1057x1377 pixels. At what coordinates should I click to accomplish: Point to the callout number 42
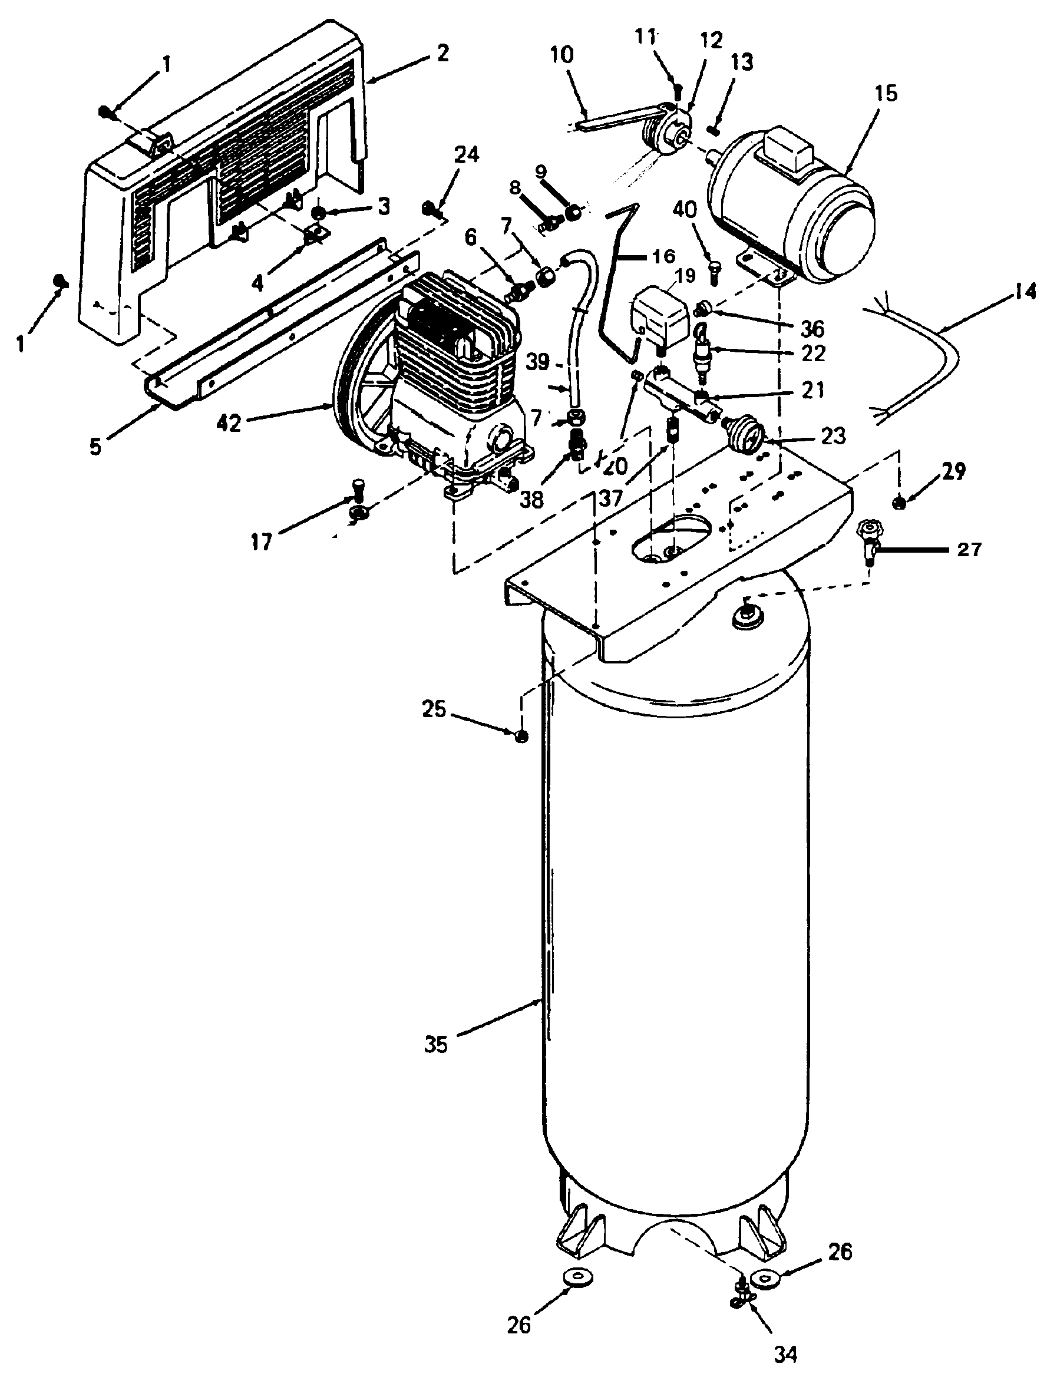(229, 424)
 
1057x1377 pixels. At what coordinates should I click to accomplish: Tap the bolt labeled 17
(358, 501)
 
